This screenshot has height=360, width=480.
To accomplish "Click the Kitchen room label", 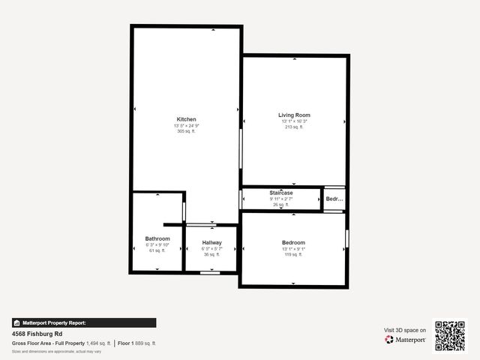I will point(187,119).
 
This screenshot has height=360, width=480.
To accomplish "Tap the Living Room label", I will point(294,115).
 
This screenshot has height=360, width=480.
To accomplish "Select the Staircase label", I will point(281,193).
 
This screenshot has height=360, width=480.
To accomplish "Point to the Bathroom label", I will point(157,238).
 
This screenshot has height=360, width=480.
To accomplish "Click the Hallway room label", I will point(211,242).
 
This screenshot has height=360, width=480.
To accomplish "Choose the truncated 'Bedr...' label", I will point(334,199).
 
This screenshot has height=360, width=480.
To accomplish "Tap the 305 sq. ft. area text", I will point(187,131).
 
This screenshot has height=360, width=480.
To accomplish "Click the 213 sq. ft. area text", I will point(294,127).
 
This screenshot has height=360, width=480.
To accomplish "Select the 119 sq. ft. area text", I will point(292,254).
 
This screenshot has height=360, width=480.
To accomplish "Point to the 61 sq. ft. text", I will point(157,250).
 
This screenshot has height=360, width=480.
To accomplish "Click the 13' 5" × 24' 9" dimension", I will point(187,125).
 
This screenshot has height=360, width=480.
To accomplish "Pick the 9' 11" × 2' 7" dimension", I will point(281,199).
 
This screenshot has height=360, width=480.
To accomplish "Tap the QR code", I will point(450,336).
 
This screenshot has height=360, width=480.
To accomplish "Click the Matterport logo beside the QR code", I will point(406,340).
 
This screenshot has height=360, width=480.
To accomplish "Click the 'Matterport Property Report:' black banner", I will point(84,322).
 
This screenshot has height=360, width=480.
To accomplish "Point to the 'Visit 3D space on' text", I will point(405,330).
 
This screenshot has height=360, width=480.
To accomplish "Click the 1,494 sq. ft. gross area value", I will point(98,343).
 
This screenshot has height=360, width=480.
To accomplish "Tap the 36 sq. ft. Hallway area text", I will point(211,254).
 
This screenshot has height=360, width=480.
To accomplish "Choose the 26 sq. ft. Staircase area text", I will point(281,205).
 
